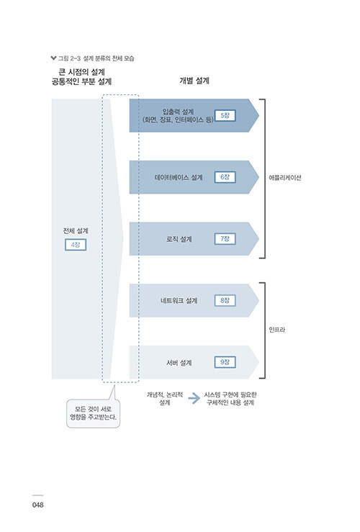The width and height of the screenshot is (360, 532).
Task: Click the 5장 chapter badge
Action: [x=225, y=115]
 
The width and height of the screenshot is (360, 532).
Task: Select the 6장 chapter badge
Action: [x=225, y=177]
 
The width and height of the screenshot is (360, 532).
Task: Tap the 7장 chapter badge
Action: [x=225, y=239]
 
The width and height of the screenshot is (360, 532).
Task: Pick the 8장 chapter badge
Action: [x=225, y=301]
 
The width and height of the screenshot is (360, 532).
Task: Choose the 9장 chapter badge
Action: [x=225, y=362]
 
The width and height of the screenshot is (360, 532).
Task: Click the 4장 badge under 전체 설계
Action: [x=76, y=245]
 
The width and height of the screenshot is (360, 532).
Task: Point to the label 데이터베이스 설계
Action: [x=179, y=177]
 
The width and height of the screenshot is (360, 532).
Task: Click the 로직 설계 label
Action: [x=179, y=239]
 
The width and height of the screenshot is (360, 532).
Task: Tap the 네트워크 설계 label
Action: [x=179, y=301]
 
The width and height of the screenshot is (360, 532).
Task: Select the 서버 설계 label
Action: [x=179, y=363]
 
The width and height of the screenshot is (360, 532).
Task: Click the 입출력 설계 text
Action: [x=178, y=112]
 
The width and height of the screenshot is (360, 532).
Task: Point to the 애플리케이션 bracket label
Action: [x=285, y=178]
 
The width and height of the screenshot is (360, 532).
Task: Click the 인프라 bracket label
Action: [x=277, y=330]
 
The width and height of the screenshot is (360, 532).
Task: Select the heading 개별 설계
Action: [x=194, y=81]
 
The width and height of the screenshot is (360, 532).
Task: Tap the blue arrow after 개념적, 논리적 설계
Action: [x=194, y=398]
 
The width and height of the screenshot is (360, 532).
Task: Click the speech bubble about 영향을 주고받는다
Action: [x=94, y=413]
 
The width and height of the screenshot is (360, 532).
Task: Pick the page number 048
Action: [x=38, y=505]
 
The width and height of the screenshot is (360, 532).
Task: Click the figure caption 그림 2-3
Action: [x=70, y=58]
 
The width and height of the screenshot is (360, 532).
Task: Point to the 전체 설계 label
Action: [x=76, y=230]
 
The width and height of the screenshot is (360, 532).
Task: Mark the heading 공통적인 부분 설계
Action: [x=81, y=81]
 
